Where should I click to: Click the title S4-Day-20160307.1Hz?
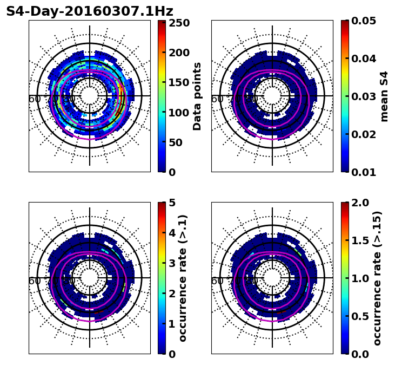(90, 11)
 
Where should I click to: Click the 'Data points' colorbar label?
(197, 96)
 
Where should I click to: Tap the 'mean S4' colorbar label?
(384, 96)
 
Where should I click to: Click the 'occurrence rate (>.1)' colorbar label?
(183, 278)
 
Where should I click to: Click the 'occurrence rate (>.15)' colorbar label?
(377, 278)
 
